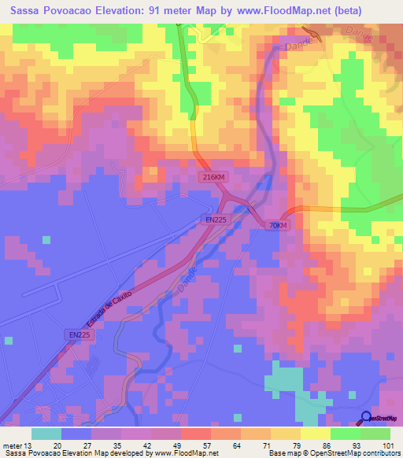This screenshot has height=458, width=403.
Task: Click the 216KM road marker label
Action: tap(211, 179)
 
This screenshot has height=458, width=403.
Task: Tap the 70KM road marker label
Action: tap(279, 225)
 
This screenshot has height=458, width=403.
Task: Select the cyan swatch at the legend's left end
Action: tap(46, 434)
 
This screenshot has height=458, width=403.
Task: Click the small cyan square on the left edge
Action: tap(8, 341)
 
